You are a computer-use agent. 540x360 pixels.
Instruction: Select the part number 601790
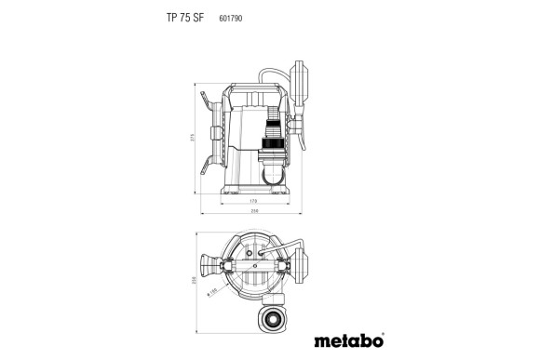click(x=231, y=17)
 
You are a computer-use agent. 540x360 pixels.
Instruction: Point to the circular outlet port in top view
click(x=274, y=319)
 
